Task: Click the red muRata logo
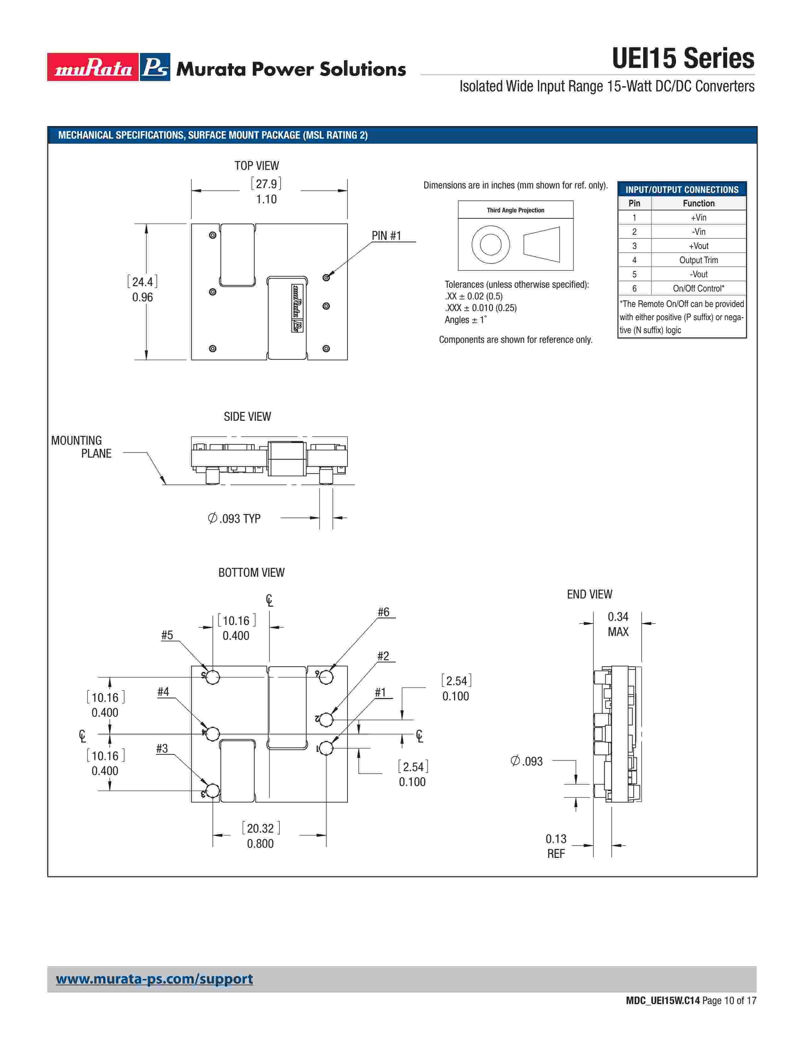coord(93,67)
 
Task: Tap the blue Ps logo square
coord(155,67)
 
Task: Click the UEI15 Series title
coord(683,59)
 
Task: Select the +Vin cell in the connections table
coord(698,218)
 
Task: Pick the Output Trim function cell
coord(698,260)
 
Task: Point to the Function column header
coord(698,203)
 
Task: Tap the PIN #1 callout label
coord(386,236)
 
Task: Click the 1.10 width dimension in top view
coord(266,199)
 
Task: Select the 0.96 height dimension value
coord(143,297)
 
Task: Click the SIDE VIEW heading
coord(247,417)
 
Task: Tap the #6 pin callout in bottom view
coord(383,612)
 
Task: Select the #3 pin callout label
coord(162,748)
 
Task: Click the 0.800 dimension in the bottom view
coord(260,843)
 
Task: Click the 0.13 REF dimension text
coord(556,846)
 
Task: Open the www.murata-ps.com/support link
coord(154,979)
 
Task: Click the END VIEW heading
coord(589,594)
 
